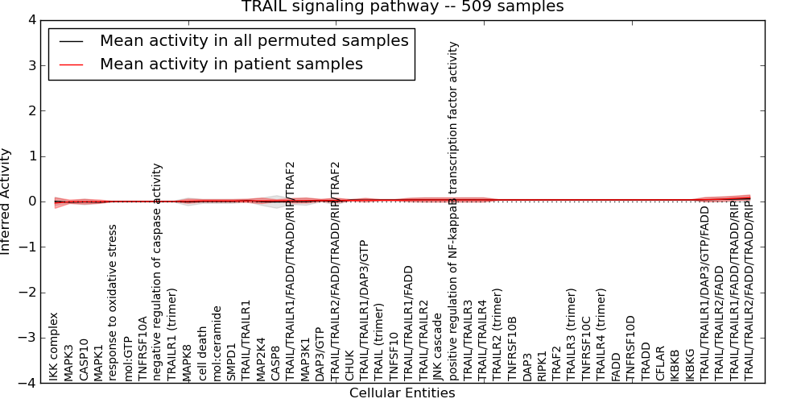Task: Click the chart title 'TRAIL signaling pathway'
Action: point(402,7)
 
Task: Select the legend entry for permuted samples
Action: point(254,40)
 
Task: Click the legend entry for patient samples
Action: point(231,64)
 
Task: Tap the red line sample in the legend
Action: point(70,64)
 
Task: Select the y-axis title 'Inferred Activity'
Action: point(7,201)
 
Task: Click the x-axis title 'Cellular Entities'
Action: point(402,393)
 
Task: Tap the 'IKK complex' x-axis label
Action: point(54,347)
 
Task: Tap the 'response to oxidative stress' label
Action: point(114,302)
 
